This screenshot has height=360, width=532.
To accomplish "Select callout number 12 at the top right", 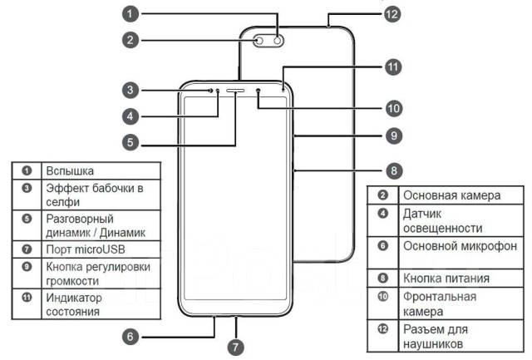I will point(392,14).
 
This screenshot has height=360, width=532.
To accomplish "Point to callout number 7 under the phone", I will point(236,344).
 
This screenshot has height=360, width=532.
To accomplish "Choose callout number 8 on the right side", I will point(394,170).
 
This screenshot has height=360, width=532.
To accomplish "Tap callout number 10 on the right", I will point(393,108).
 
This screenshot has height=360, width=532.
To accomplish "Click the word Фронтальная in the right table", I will point(439,297).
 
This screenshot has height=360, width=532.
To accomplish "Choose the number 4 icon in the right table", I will point(383,214).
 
